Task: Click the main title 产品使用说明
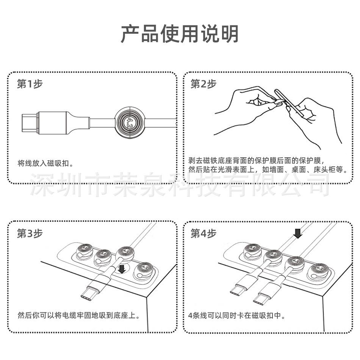click(x=180, y=34)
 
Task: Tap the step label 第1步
click(x=30, y=84)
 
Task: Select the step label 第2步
click(x=203, y=84)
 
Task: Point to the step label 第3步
click(x=30, y=233)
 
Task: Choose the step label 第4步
click(x=203, y=233)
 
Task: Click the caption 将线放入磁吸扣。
click(x=45, y=164)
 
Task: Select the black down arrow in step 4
click(x=298, y=233)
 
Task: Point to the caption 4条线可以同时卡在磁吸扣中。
click(x=236, y=315)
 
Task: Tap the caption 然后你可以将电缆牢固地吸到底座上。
click(x=79, y=315)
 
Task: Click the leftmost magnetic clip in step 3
click(x=83, y=250)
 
